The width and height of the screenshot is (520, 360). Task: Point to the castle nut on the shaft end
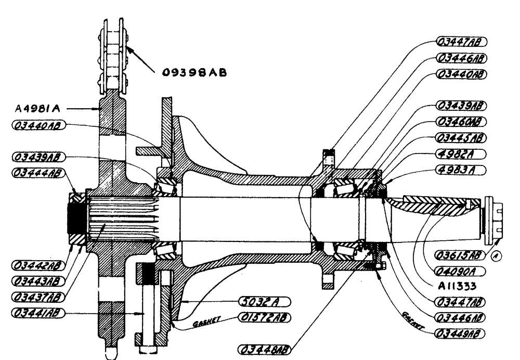(x=494, y=222)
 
